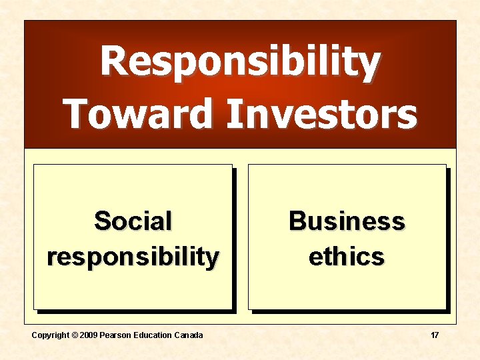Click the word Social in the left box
[133, 220]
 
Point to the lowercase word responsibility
[133, 256]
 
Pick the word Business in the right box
[346, 220]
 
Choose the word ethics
[346, 256]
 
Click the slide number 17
[434, 335]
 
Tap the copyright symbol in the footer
[73, 335]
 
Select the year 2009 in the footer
[88, 335]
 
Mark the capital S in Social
[102, 220]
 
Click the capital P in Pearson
[103, 335]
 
